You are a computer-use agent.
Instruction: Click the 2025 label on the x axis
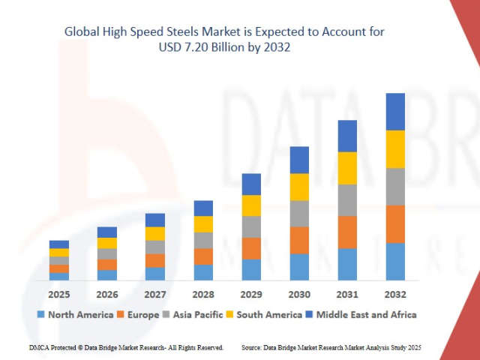[59, 294]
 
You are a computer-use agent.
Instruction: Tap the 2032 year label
[395, 294]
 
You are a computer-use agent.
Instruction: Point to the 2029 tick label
[251, 294]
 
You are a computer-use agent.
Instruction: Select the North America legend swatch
[41, 314]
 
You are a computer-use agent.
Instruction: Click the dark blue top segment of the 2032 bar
[395, 112]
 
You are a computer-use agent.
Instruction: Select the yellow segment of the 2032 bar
[395, 149]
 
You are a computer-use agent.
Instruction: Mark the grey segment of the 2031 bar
[347, 200]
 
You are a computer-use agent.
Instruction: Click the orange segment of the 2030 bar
[299, 240]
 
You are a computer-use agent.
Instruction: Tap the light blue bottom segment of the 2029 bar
[251, 270]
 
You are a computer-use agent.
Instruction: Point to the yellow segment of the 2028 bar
[203, 224]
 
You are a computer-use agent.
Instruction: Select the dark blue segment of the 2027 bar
[155, 220]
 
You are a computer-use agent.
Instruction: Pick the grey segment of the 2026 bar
[107, 254]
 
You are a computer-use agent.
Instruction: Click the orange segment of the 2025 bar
[59, 268]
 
